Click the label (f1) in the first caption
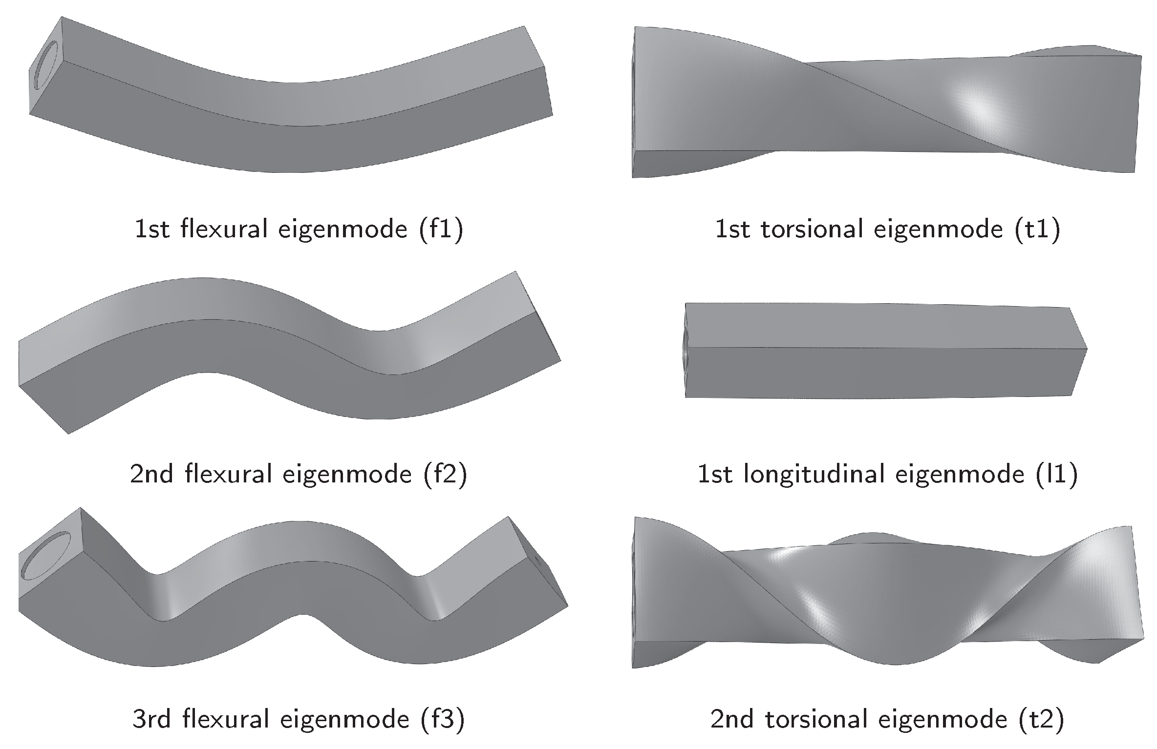coord(440,229)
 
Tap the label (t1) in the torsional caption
coord(1037,229)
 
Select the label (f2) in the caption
coord(445,474)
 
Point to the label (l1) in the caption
coord(1056,474)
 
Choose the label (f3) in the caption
coord(443,719)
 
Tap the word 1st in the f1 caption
coord(152,229)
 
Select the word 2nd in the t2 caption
coord(731,719)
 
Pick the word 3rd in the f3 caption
coord(151,719)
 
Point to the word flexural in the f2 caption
coord(228,474)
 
